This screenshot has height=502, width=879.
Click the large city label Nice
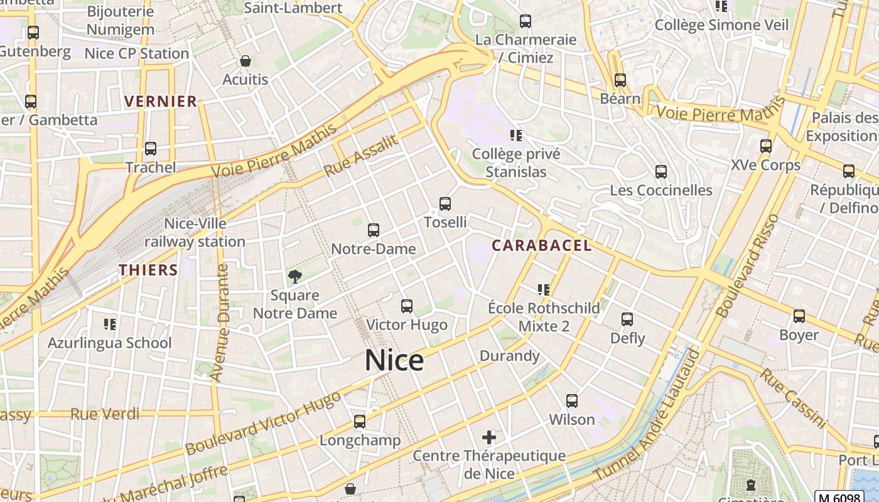394,360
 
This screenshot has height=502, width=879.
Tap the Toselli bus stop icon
445,204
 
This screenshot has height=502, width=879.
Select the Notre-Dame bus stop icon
374,230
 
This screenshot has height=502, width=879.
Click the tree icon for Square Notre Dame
294,277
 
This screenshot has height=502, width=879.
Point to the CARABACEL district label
541,245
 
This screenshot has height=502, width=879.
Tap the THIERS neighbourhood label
149,270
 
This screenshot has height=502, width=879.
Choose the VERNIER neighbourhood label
161,102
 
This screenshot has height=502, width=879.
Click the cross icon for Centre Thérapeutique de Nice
489,437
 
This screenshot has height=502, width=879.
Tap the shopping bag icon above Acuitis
245,61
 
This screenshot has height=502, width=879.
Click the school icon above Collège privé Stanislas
516,136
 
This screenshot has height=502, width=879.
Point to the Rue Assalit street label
361,156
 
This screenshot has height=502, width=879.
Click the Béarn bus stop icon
620,80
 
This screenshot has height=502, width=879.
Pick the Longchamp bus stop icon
360,422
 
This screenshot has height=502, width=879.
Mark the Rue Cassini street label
793,398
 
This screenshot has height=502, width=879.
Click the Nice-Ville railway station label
195,233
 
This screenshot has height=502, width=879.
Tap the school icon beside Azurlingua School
110,324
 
